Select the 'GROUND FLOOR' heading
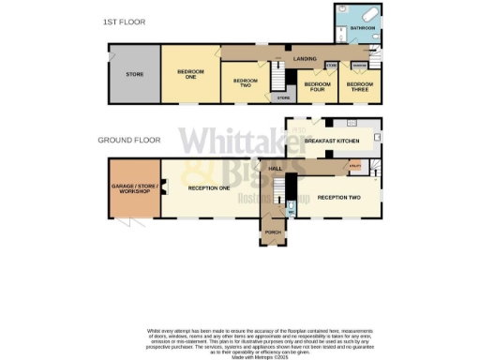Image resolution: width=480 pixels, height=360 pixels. [x=127, y=141]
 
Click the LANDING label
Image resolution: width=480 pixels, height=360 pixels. [x=305, y=59]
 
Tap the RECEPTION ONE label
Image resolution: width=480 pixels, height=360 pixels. [x=209, y=188]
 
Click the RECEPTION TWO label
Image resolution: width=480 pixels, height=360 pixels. [x=338, y=198]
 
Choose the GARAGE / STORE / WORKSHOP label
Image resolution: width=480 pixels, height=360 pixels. [x=132, y=190]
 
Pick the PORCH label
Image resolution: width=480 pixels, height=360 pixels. [x=273, y=232]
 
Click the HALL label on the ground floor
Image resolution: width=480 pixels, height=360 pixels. [x=276, y=169]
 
